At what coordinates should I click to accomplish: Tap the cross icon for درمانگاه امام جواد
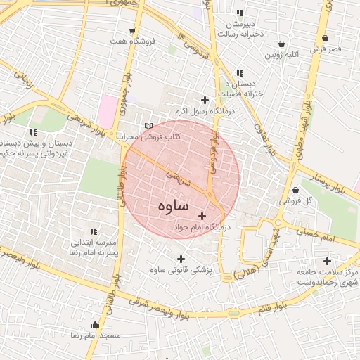[x=202, y=216]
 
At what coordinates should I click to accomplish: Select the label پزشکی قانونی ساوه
[x=180, y=270]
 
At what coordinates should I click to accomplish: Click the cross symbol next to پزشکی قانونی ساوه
[x=181, y=258]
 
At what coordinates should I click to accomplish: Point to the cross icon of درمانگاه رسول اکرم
[x=205, y=101]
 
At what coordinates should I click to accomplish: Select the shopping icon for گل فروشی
[x=294, y=190]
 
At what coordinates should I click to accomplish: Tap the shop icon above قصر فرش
[x=325, y=39]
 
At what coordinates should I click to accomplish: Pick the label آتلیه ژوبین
[x=283, y=54]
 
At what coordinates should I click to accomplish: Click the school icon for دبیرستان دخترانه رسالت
[x=240, y=13]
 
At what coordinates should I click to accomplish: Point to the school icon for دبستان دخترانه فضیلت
[x=240, y=72]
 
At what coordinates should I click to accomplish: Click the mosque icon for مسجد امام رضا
[x=96, y=324]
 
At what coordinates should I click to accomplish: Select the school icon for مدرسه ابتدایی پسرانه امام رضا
[x=94, y=231]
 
